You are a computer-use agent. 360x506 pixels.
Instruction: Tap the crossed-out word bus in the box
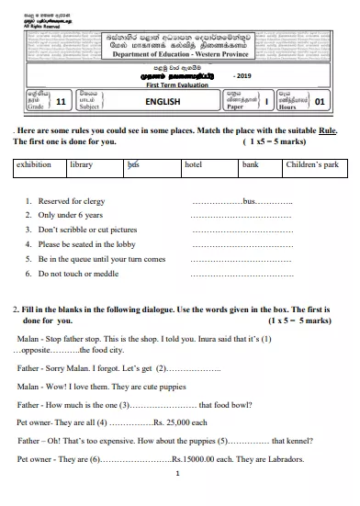pos(133,164)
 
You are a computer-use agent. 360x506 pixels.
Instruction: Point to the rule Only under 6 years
pos(68,215)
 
